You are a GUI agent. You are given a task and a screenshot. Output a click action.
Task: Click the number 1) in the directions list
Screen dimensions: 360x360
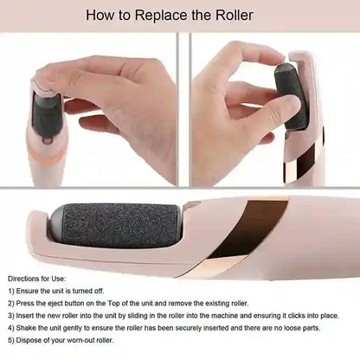11,292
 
